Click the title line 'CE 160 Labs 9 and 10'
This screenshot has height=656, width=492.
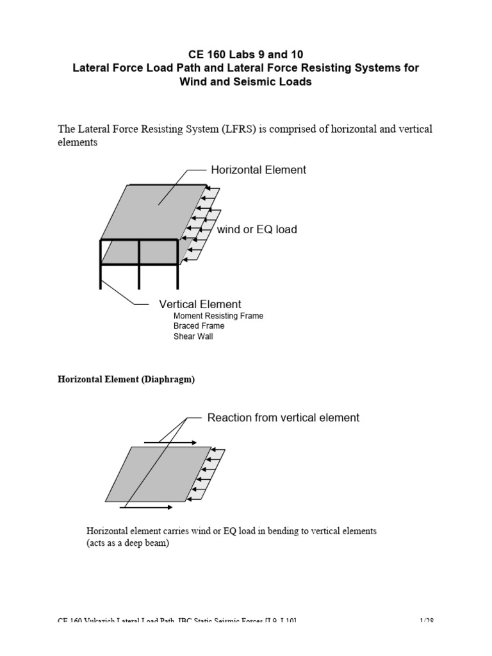tap(245, 54)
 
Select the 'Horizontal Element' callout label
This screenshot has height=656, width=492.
tap(258, 170)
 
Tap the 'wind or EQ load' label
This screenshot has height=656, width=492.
tap(257, 229)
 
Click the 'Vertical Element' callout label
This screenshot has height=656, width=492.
tap(200, 304)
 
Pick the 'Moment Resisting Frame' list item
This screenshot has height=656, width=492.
tap(218, 316)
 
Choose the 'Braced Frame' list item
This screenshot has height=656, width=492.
tap(199, 326)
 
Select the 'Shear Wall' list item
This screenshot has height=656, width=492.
tap(193, 336)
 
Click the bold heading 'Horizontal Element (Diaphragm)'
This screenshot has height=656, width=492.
tap(126, 379)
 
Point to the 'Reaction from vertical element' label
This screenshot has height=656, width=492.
tap(283, 418)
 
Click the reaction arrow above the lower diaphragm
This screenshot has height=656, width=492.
tap(169, 442)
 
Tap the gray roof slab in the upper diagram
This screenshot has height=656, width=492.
tap(154, 211)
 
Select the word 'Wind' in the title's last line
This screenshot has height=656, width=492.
tap(193, 82)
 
